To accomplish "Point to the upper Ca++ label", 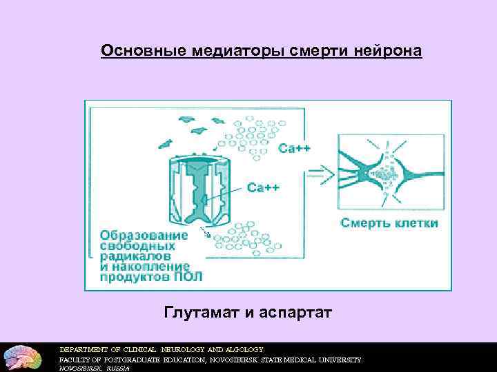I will pyautogui.click(x=295, y=147).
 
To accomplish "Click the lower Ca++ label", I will pyautogui.click(x=263, y=187).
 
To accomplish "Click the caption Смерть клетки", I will pyautogui.click(x=389, y=223).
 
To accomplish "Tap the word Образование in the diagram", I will pyautogui.click(x=144, y=235).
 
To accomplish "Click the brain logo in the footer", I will pyautogui.click(x=21, y=356).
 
